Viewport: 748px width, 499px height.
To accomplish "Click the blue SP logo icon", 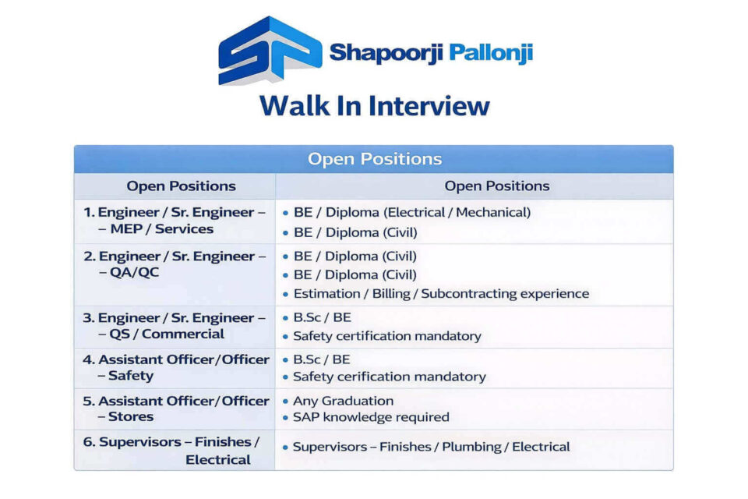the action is [270, 50].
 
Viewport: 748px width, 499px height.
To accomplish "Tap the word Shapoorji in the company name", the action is [386, 52].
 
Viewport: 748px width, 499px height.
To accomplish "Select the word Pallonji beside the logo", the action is [491, 52].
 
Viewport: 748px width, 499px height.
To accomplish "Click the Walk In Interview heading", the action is [375, 105].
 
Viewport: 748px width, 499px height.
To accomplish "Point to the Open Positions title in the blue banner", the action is [375, 158].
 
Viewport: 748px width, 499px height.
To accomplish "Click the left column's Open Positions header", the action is [182, 186].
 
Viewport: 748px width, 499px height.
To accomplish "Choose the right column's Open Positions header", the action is [497, 186].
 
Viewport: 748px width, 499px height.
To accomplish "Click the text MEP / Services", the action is [162, 228].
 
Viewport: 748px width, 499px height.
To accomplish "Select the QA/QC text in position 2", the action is [134, 272].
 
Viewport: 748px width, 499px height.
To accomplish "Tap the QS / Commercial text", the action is [167, 334].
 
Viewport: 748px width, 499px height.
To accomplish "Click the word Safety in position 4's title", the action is [131, 375].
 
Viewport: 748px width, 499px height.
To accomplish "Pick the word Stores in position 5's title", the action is [131, 416].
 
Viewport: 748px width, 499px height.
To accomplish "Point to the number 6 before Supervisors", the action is [89, 442].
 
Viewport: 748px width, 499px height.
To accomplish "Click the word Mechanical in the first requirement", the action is [493, 212].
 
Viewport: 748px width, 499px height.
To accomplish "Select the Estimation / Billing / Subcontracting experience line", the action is [441, 293].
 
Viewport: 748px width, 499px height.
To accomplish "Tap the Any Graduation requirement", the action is [343, 401].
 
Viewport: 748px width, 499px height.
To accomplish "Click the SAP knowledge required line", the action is [371, 417].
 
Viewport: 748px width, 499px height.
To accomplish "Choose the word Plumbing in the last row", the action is [472, 447].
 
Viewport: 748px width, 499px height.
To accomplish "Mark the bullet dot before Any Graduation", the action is [285, 402].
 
